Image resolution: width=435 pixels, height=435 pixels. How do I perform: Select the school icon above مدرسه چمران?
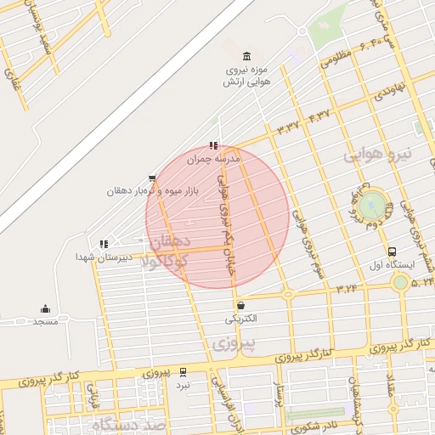pyautogui.click(x=213, y=145)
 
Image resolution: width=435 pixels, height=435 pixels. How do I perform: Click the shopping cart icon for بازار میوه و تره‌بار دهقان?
pyautogui.click(x=152, y=178)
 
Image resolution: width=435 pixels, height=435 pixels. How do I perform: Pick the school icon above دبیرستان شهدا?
pyautogui.click(x=104, y=243)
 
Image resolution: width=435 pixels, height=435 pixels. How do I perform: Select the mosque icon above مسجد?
pyautogui.click(x=45, y=308)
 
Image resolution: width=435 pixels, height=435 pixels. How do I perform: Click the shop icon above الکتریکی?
pyautogui.click(x=241, y=305)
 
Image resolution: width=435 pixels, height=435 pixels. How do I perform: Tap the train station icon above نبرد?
pyautogui.click(x=184, y=370)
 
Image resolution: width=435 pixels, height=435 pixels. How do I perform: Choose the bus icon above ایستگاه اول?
pyautogui.click(x=392, y=251)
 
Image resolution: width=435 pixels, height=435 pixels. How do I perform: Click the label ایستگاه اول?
pyautogui.click(x=393, y=265)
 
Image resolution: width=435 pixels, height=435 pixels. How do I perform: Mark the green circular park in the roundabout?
pyautogui.click(x=371, y=206)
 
